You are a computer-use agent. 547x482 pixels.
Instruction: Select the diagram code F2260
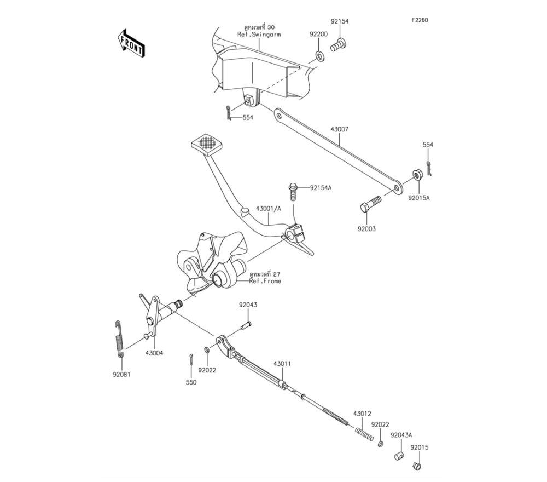[420, 20]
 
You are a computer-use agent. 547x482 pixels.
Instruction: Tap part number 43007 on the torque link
[339, 130]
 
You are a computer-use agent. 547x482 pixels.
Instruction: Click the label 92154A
[321, 187]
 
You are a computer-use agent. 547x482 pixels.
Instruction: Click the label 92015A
[418, 198]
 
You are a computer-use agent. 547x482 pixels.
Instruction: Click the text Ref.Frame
[265, 280]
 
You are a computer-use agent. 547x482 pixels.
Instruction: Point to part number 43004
[154, 354]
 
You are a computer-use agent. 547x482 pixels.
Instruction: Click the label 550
[190, 383]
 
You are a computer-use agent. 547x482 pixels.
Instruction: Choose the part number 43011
[282, 363]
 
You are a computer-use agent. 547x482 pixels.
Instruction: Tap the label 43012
[362, 413]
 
